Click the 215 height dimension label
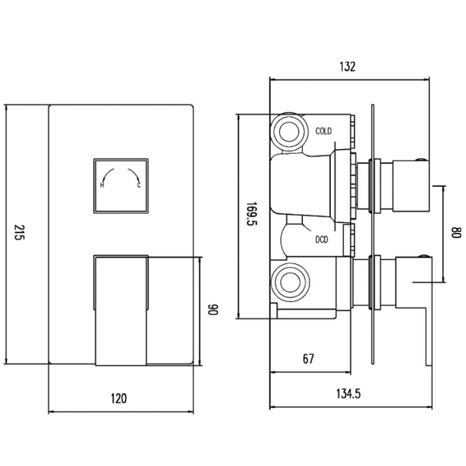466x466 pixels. coord(19,232)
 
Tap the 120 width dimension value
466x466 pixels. coord(119,398)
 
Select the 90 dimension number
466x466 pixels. coord(213,309)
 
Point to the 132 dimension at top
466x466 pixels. coord(347,66)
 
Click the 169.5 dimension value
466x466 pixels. coord(252,214)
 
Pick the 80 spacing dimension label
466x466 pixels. coord(456,232)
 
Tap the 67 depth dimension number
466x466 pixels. coord(308,359)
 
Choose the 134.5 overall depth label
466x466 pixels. coord(348,394)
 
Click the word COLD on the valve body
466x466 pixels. coord(323,131)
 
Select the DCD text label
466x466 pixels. coord(322,239)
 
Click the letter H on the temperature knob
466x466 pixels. coord(102,185)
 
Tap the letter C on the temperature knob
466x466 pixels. coord(139,185)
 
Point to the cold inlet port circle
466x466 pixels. coord(289,132)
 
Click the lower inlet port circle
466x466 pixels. coord(290,283)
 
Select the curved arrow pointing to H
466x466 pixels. coord(107,175)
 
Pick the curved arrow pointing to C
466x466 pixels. coord(134,175)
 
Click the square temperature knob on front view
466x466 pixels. coord(121,186)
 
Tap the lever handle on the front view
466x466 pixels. coord(121,310)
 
